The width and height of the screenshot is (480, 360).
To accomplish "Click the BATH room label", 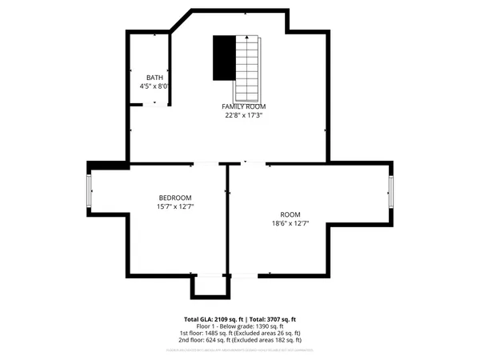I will pos(154,78).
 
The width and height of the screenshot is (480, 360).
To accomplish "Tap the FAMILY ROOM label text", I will pos(244,106).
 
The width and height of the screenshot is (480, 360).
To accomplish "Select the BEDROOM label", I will pos(175,198).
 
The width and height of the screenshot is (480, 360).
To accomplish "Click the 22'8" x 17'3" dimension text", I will pos(244,115).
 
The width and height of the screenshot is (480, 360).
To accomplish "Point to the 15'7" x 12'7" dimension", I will pos(175,206).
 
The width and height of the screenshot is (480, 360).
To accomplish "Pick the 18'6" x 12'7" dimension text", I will pos(290,223).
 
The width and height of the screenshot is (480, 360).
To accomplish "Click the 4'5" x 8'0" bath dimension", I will pos(154,86).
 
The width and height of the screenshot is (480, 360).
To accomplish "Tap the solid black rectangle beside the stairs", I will pos(223,58).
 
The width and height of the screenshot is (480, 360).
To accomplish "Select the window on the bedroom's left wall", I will pos(90,190).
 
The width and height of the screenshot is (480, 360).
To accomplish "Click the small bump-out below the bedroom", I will pos(210,286).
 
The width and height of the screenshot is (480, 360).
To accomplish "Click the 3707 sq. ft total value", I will pos(282,318).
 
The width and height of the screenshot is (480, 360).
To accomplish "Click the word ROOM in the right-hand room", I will pos(290,214).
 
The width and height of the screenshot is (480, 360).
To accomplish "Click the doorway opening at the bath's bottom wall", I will pos(155,104).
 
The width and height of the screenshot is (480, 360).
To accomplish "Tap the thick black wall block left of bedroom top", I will pos(108,165).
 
